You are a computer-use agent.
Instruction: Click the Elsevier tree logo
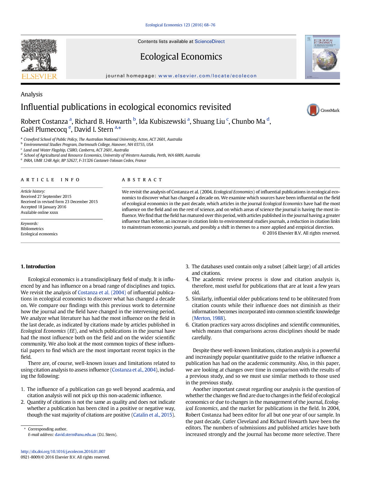coord(39,55)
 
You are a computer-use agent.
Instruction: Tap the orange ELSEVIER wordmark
coord(39,77)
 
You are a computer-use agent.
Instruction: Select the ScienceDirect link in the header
coord(210,42)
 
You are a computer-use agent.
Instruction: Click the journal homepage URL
coord(207,76)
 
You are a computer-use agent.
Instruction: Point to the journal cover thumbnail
coord(322,57)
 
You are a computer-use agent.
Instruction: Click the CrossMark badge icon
coord(313,110)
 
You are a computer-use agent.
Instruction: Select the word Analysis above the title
coord(31,94)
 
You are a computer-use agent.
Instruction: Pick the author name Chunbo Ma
coord(248,122)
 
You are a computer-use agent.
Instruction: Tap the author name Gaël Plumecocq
coord(44,130)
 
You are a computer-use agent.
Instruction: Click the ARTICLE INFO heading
coord(50,180)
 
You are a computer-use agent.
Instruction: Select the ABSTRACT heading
coord(142,180)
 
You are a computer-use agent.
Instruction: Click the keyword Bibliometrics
coord(32,229)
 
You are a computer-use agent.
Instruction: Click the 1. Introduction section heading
coord(38,267)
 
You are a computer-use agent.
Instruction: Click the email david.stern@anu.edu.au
coord(75,435)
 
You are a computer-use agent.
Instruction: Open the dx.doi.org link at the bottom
coord(63,452)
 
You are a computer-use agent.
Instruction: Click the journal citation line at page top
coord(180,25)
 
